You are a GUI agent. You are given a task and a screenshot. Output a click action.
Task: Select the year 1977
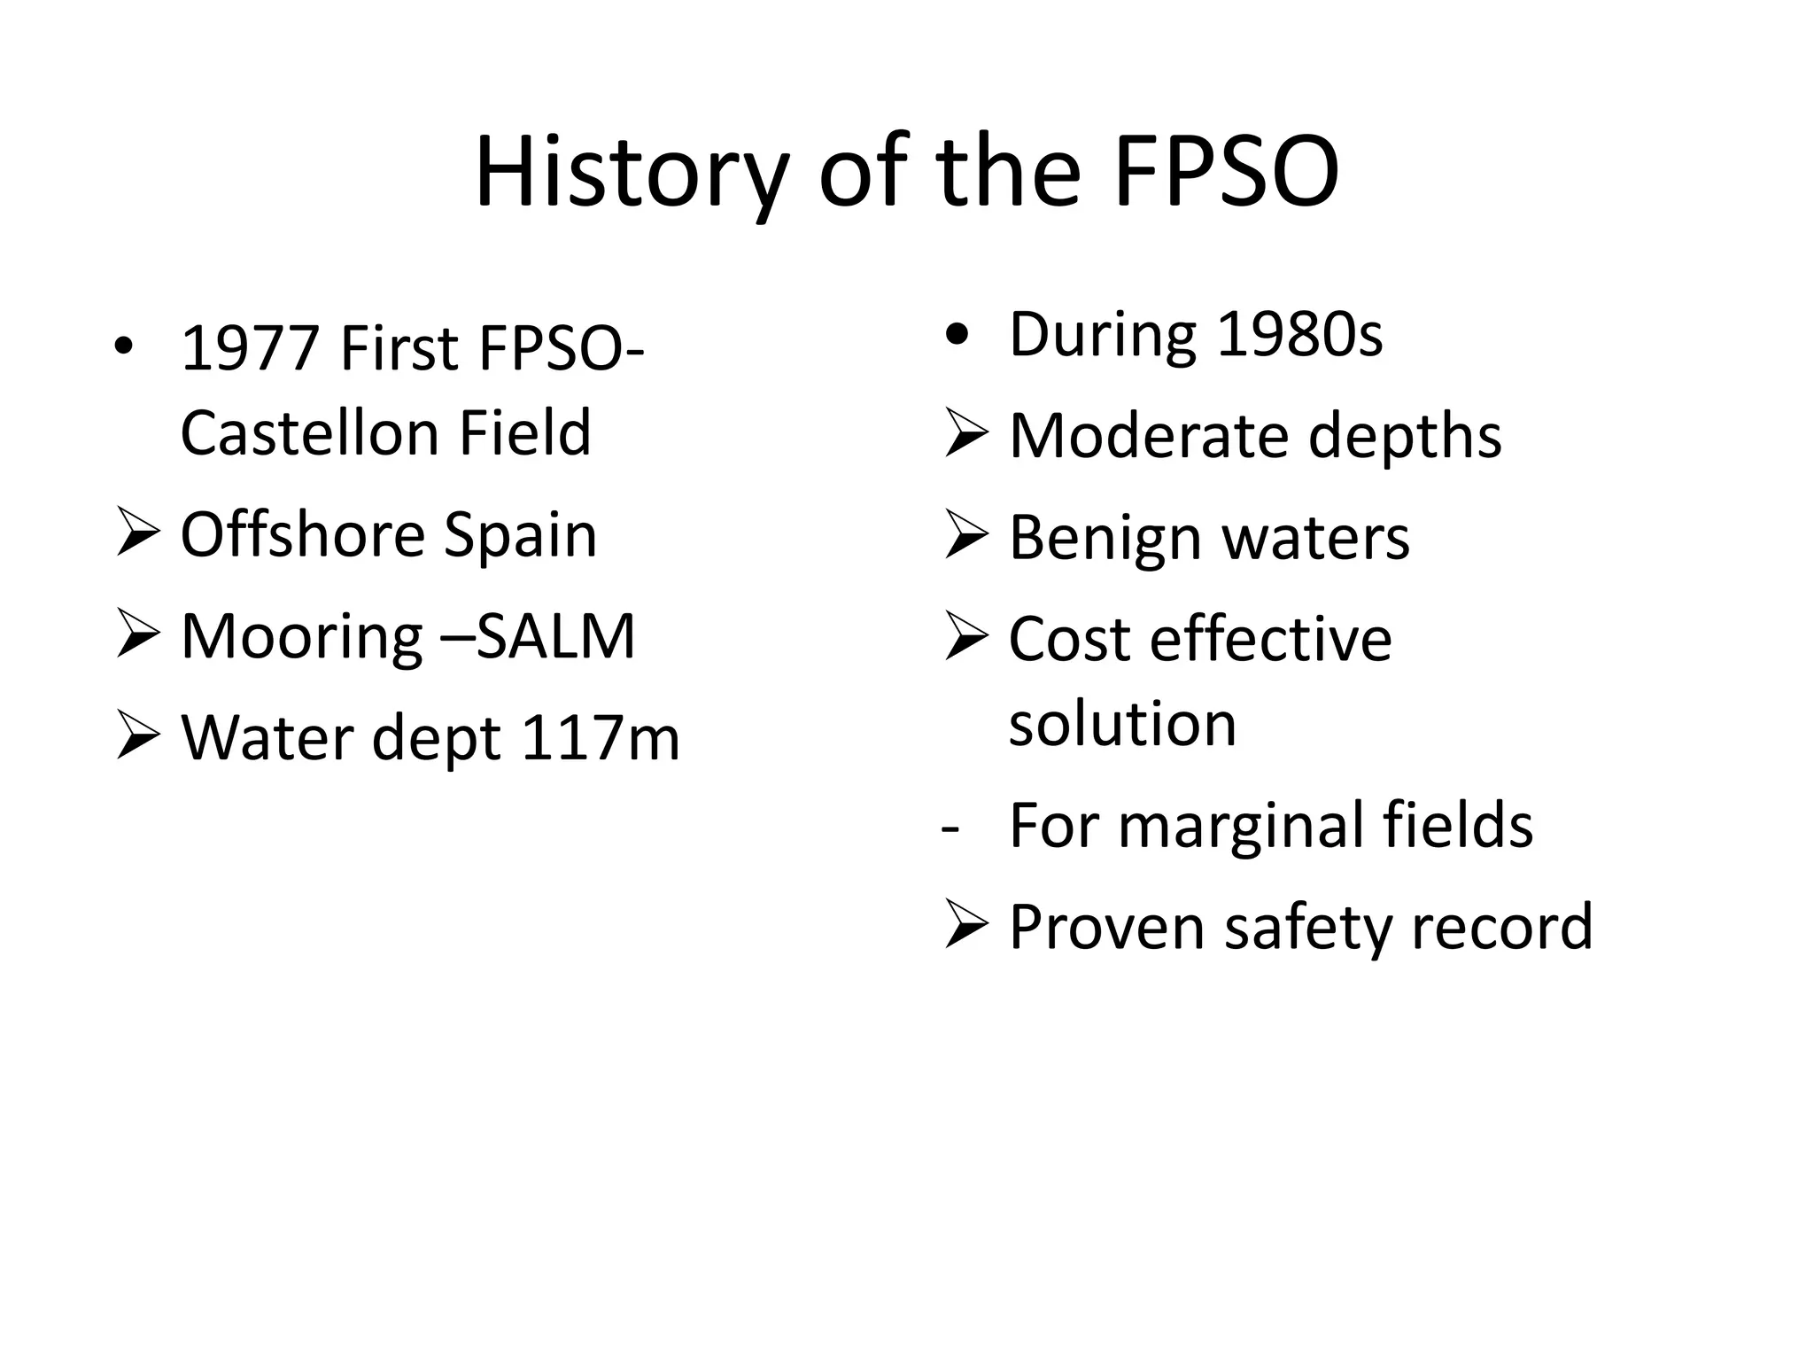(250, 348)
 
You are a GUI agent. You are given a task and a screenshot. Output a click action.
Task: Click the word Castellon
(310, 432)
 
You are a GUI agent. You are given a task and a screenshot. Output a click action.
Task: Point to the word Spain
(520, 535)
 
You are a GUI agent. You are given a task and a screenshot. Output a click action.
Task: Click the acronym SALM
(556, 636)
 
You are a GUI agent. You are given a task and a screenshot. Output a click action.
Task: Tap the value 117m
(601, 737)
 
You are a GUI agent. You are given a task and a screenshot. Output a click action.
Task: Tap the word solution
(1122, 723)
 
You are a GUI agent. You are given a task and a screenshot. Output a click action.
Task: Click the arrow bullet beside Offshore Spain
(138, 535)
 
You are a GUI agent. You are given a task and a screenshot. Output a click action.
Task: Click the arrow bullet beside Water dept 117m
(138, 737)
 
